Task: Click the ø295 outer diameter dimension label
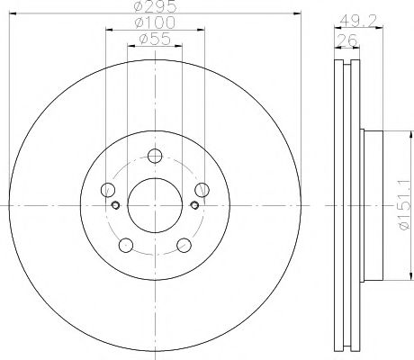[155, 7]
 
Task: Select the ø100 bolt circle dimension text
[155, 22]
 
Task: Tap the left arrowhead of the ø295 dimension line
[13, 13]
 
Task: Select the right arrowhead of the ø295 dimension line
[297, 13]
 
